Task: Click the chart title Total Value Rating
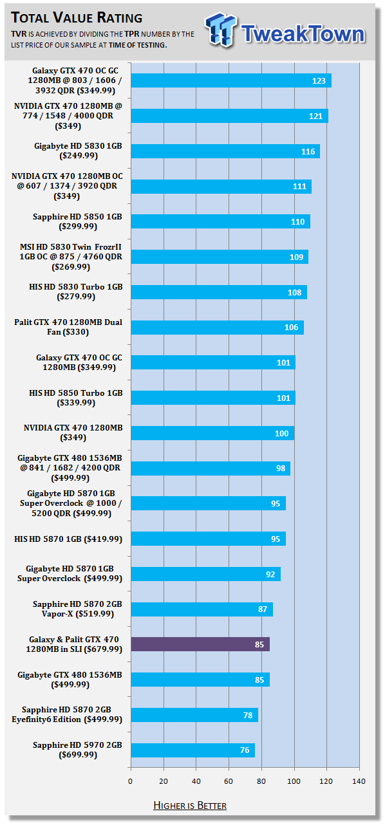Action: (x=77, y=17)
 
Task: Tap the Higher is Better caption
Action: (x=190, y=806)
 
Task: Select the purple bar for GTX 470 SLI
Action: (x=200, y=644)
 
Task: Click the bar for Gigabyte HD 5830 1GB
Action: (x=225, y=151)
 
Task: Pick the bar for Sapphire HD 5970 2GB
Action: (x=192, y=750)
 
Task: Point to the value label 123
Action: (x=319, y=80)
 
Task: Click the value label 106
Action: (x=291, y=328)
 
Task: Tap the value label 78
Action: (x=248, y=715)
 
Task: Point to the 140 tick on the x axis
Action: (x=359, y=781)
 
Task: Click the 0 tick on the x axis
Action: (x=130, y=781)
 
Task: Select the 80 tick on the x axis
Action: (x=261, y=781)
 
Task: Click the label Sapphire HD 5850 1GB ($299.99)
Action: (x=77, y=221)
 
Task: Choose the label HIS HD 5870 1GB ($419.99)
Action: (x=68, y=539)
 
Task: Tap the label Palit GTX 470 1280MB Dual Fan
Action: (x=68, y=327)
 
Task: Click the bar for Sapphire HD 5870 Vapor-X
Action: (x=202, y=609)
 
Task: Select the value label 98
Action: (x=281, y=468)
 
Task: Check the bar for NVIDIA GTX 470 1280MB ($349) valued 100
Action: (x=212, y=433)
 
